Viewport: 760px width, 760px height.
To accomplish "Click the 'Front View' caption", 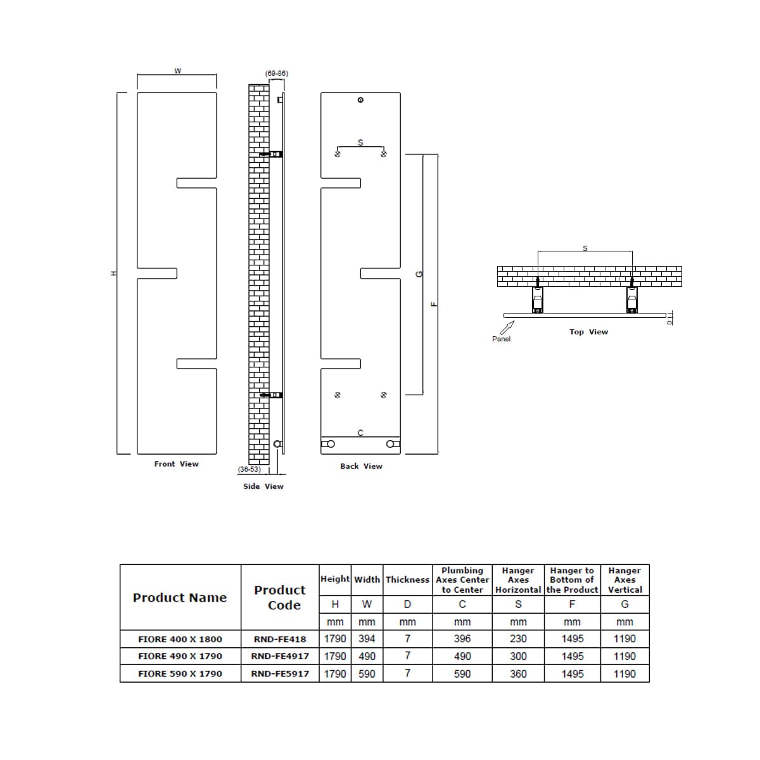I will click(x=176, y=464).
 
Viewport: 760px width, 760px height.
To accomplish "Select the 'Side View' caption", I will click(x=263, y=486).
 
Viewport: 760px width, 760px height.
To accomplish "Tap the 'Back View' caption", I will click(x=361, y=466).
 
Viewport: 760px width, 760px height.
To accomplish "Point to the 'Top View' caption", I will click(x=588, y=332).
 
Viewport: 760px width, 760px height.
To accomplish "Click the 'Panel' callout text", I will click(x=501, y=339).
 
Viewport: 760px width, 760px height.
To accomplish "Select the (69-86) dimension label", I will click(x=276, y=73).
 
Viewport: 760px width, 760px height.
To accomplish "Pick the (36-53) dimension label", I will click(x=249, y=469).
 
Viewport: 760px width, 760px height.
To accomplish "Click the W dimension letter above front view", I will click(x=177, y=71).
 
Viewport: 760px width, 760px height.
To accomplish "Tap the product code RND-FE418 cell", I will click(x=280, y=639).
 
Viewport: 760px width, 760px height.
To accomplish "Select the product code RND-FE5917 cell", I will click(x=280, y=674).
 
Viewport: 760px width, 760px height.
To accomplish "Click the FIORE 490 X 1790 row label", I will click(x=180, y=656).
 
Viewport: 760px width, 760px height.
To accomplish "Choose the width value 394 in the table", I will click(x=367, y=639).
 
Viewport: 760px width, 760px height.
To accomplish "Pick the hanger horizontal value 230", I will click(x=518, y=639).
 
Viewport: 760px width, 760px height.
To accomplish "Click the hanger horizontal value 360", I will click(x=518, y=674).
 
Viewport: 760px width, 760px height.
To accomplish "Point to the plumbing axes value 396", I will click(x=462, y=639).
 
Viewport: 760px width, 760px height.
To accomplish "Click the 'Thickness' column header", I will click(x=407, y=579).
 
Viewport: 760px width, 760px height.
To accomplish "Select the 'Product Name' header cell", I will click(x=180, y=597).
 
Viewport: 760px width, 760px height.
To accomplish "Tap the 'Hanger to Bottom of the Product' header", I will click(x=572, y=580).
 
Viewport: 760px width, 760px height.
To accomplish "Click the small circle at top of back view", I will click(x=360, y=100).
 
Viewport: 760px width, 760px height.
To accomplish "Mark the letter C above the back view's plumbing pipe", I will click(x=360, y=433).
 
